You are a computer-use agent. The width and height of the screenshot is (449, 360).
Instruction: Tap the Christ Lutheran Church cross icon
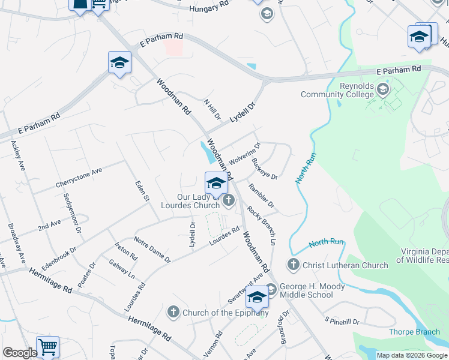pos(294,264)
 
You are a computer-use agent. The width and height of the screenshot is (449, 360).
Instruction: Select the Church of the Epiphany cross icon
pos(173,311)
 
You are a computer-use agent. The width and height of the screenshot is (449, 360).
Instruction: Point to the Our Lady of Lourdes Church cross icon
pos(228,202)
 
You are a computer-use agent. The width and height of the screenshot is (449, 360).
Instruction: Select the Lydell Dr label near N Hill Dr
pos(244,113)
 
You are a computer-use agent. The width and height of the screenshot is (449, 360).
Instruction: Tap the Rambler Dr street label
pos(262,196)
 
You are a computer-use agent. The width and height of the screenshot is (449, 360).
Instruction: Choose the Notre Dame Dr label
pos(152,249)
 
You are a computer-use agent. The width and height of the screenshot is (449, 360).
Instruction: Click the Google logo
pos(19,353)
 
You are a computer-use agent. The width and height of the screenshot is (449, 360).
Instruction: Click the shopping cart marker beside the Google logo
pos(47,347)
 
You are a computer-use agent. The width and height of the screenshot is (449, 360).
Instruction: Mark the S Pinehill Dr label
pos(342,322)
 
